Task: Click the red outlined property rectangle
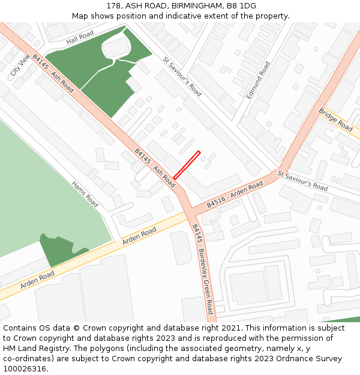point(187,165)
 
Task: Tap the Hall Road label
point(81,39)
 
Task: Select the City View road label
point(20,65)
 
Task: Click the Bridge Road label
point(335,119)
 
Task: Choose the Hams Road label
point(85,194)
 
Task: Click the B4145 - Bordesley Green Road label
point(202,269)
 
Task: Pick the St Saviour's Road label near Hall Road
point(182,76)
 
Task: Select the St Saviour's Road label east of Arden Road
point(302,181)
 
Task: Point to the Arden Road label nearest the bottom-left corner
point(37,280)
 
